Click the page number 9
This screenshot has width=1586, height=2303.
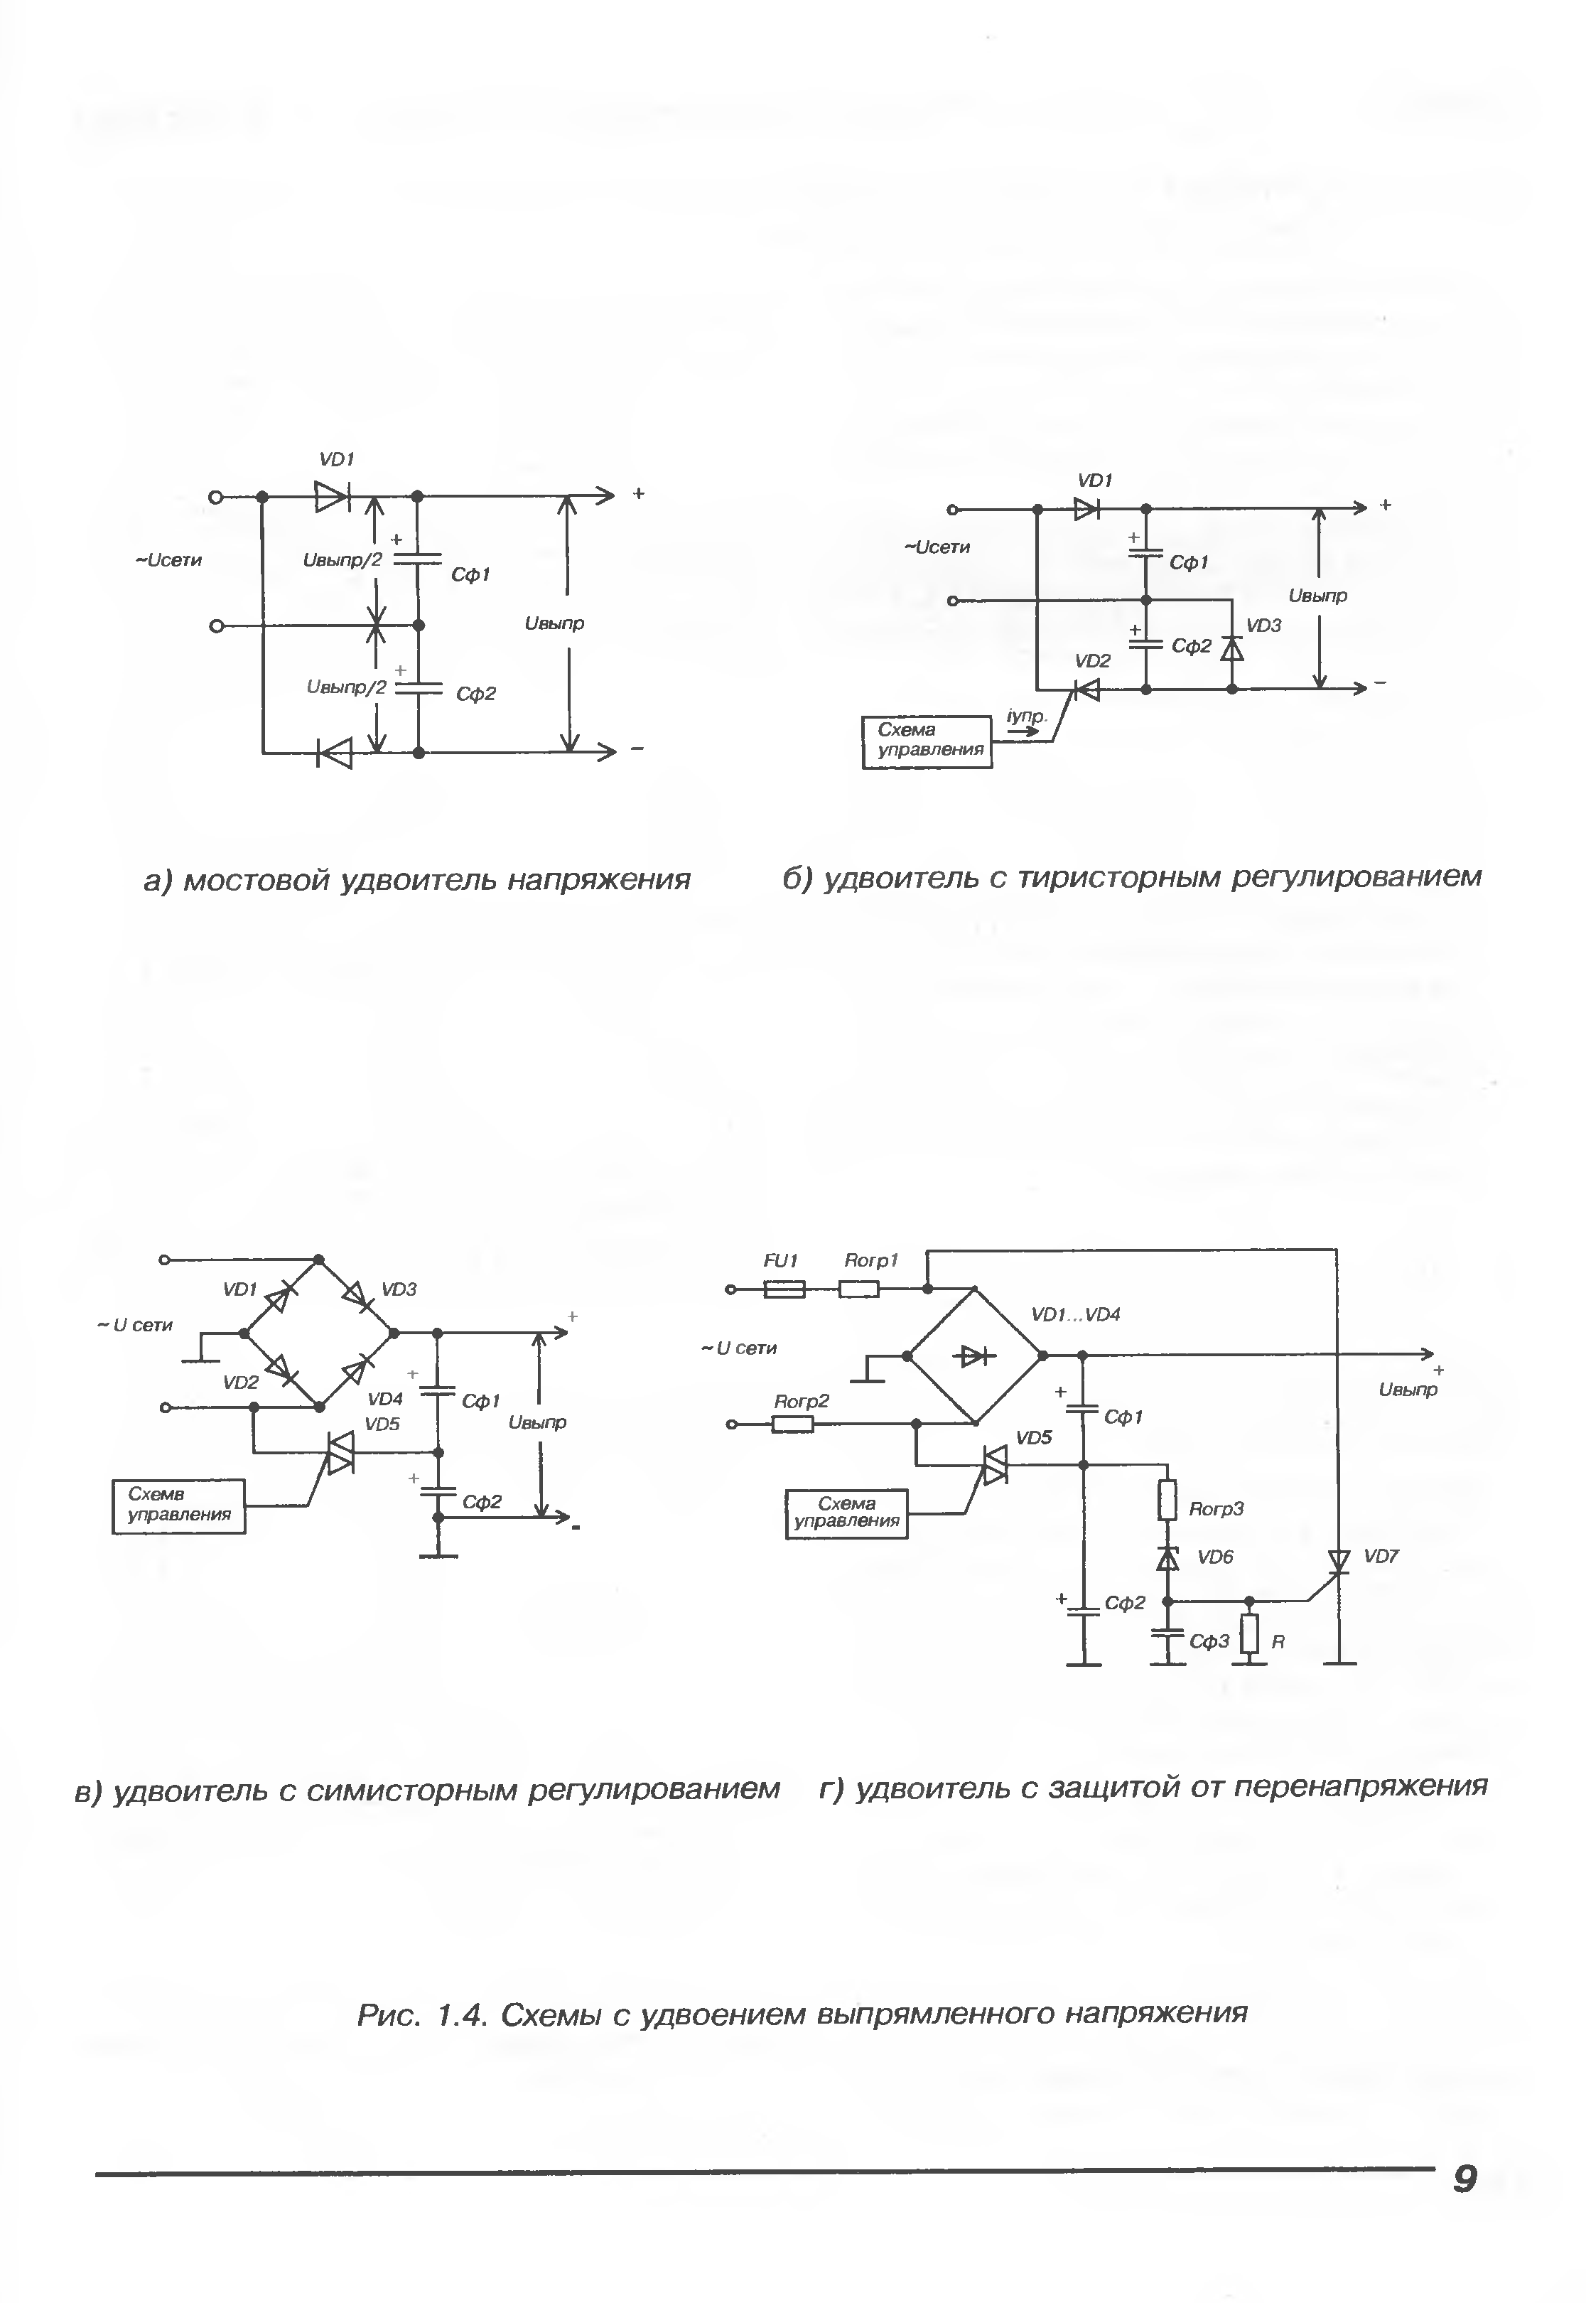pyautogui.click(x=1464, y=2179)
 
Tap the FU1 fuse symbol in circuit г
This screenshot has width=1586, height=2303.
pyautogui.click(x=784, y=1289)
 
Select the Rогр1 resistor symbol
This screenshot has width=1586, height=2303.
pyautogui.click(x=858, y=1289)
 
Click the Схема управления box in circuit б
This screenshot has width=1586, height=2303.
pyautogui.click(x=926, y=741)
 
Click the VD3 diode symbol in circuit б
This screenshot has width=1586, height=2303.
pyautogui.click(x=1231, y=648)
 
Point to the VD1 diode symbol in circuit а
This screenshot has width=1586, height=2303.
pyautogui.click(x=331, y=496)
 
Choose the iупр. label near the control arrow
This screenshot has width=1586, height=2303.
pyautogui.click(x=1027, y=716)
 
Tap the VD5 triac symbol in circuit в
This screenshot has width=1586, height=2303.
pyautogui.click(x=340, y=1452)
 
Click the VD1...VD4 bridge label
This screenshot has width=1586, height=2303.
pyautogui.click(x=1075, y=1314)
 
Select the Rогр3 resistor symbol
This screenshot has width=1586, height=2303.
pyautogui.click(x=1167, y=1500)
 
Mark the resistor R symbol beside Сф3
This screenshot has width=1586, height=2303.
pyautogui.click(x=1250, y=1633)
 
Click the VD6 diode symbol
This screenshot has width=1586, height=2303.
pyautogui.click(x=1169, y=1557)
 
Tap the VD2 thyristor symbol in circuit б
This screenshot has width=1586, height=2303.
pyautogui.click(x=1086, y=689)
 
